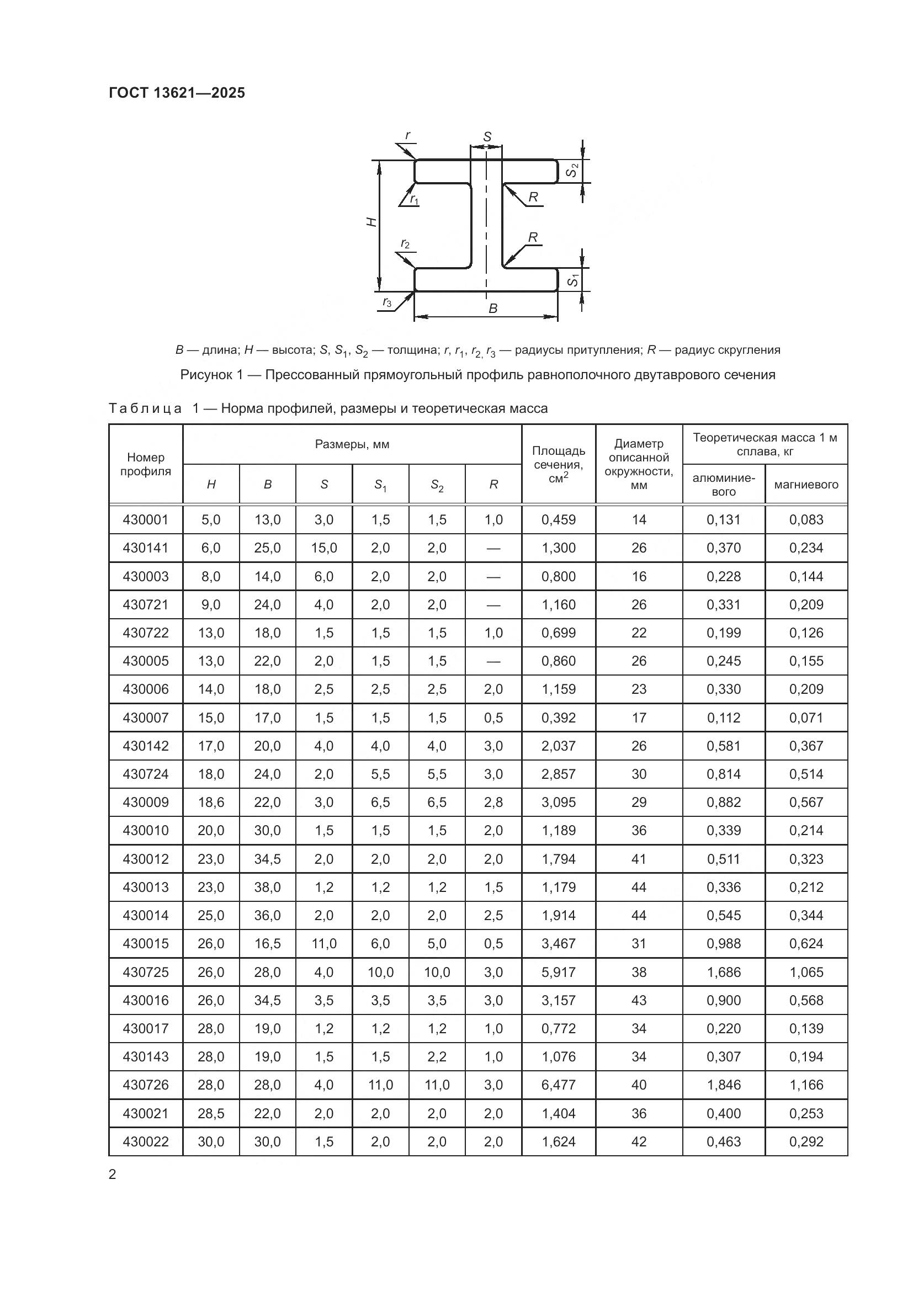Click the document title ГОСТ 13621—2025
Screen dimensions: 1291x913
click(177, 93)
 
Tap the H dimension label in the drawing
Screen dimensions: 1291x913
click(371, 222)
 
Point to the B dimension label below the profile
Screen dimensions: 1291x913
click(493, 308)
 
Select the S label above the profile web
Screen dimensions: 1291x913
click(487, 137)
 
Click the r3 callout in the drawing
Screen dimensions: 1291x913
click(388, 302)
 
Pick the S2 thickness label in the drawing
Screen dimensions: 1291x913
click(571, 170)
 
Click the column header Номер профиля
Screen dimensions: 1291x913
click(146, 464)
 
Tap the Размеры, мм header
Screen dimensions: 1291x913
click(352, 444)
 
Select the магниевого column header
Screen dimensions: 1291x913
click(805, 484)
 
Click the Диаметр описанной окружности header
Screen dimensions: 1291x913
click(639, 464)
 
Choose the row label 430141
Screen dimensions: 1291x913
click(146, 548)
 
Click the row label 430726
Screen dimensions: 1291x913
click(146, 1085)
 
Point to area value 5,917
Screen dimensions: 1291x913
click(558, 972)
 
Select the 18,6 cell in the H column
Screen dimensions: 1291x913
click(211, 803)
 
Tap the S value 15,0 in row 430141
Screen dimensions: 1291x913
click(324, 548)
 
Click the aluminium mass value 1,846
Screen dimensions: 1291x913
click(724, 1085)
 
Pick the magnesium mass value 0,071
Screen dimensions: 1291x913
click(805, 718)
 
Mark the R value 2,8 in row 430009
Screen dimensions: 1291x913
click(493, 803)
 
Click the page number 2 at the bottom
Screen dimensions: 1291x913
click(113, 1175)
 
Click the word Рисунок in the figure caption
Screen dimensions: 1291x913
click(206, 374)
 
